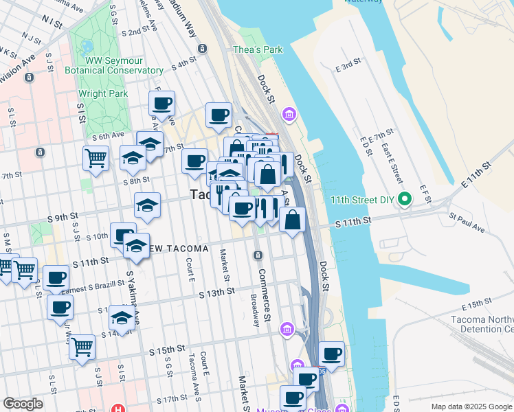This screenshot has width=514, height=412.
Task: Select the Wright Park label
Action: tap(102, 93)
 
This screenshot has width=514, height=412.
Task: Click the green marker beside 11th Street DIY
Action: tap(405, 201)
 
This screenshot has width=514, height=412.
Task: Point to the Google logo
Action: tap(23, 404)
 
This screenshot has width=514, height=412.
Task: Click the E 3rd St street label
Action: tap(348, 66)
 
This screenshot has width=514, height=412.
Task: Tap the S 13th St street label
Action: tap(217, 292)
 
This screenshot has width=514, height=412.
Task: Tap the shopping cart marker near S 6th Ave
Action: tap(96, 158)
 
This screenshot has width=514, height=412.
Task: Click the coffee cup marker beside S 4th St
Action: tap(219, 115)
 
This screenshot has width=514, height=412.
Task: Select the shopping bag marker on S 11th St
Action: tap(293, 220)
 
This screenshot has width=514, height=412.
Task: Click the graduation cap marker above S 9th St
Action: tap(147, 205)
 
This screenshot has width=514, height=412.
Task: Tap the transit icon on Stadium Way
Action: tap(202, 48)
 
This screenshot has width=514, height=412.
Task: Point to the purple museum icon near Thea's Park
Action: tap(289, 113)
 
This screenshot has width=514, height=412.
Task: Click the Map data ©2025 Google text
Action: tap(471, 407)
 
